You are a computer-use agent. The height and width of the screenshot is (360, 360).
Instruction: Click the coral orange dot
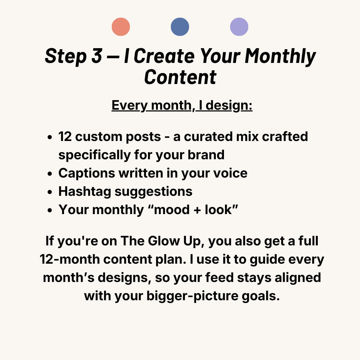(121, 27)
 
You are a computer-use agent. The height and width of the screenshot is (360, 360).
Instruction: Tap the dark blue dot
(180, 27)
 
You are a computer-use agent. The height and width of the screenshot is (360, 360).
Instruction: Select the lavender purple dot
(239, 27)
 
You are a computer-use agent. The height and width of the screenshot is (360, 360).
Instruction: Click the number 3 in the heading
(97, 56)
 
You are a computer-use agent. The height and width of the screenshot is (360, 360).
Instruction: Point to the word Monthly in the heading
(280, 57)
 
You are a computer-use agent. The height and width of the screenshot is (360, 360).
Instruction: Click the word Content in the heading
(180, 77)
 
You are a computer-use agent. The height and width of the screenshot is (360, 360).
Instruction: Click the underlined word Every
(129, 105)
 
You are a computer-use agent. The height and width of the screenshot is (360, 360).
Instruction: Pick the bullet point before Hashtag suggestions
(50, 192)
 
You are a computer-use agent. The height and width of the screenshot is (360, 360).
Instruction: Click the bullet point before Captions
(50, 174)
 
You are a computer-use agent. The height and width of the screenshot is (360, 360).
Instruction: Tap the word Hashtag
(85, 192)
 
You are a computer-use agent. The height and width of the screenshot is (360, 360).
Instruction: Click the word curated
(208, 137)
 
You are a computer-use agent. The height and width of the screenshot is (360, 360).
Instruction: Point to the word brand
(206, 155)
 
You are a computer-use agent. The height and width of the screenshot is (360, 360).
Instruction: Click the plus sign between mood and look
(197, 210)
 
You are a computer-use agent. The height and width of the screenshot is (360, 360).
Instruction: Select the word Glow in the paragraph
(164, 241)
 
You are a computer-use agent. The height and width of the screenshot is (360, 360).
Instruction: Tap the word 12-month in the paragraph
(70, 259)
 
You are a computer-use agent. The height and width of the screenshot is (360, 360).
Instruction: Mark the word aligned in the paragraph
(298, 278)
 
